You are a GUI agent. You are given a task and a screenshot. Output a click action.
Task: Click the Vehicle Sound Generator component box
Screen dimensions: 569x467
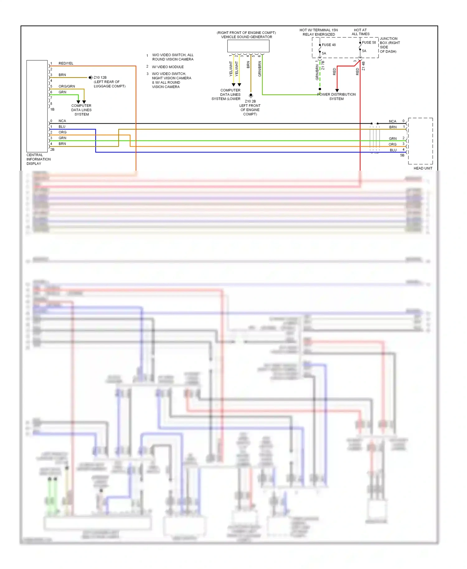point(248,46)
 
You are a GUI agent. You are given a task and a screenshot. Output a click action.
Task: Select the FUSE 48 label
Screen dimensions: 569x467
point(328,45)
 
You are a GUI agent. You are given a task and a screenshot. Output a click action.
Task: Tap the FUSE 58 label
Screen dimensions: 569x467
point(369,43)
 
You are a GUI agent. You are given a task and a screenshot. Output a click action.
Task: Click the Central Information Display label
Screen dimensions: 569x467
point(38,159)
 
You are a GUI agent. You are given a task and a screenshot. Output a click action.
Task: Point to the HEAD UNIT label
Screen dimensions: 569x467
point(423,168)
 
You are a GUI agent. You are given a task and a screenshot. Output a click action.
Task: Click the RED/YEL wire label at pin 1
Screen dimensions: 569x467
point(66,63)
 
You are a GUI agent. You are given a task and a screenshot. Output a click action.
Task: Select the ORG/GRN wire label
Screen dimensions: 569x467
point(67,87)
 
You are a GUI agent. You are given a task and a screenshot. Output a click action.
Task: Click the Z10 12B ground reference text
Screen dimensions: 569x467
point(100,78)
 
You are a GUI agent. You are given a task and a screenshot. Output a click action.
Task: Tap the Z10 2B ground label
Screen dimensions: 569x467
point(250,101)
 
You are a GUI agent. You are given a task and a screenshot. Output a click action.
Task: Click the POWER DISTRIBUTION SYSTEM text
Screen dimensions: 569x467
point(337,96)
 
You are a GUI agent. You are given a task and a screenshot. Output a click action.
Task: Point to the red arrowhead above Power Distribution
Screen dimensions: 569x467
point(337,90)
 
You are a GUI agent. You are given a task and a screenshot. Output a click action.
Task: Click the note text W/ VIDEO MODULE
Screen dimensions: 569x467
point(167,67)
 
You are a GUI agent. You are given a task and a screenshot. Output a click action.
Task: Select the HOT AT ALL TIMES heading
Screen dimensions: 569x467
point(361,32)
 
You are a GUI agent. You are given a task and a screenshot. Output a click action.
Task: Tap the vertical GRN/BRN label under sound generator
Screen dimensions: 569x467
point(260,69)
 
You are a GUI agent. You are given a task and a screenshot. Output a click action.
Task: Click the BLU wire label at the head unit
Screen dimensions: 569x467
point(393,150)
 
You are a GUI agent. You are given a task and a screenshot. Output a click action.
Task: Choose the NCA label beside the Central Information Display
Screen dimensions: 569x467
point(62,121)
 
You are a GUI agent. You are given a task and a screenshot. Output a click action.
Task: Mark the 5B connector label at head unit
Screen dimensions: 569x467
point(402,155)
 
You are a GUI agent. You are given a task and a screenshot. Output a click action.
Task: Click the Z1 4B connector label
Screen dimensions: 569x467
point(363,66)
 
